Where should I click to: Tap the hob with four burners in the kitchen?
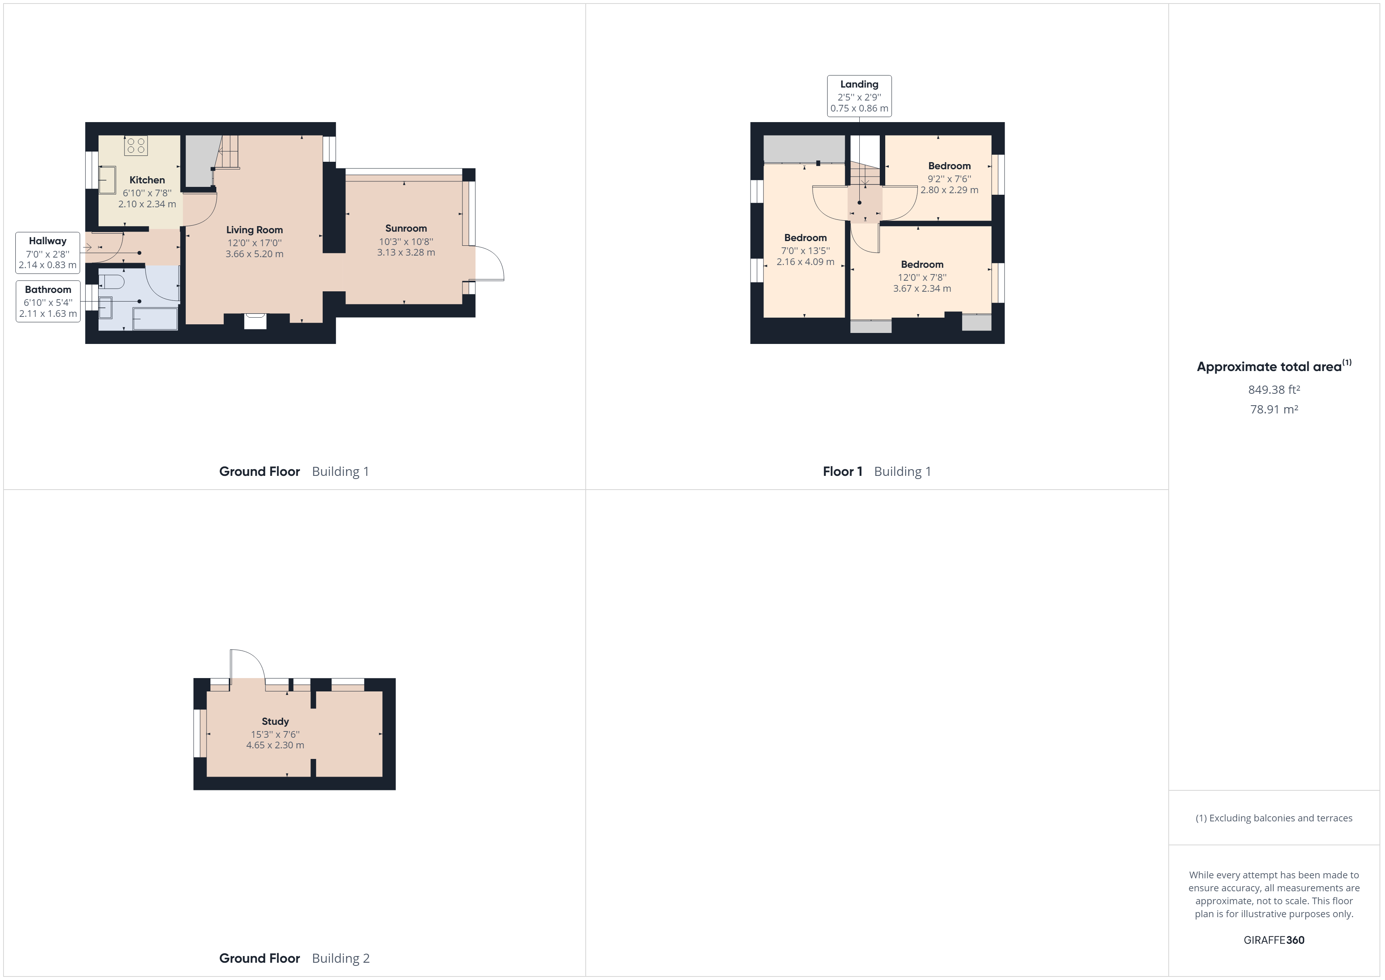[136, 145]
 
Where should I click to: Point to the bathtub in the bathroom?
[155, 319]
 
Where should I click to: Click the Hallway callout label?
[48, 252]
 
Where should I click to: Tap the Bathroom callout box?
[48, 301]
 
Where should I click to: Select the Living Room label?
[254, 230]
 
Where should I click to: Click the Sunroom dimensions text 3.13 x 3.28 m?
[406, 252]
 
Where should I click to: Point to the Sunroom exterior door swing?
[490, 263]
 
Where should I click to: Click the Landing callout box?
[859, 96]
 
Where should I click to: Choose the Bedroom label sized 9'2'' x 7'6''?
[949, 166]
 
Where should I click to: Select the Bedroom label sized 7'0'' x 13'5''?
[805, 238]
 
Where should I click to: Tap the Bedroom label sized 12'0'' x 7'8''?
[922, 264]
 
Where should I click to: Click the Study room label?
[275, 721]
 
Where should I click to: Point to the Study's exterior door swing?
[246, 664]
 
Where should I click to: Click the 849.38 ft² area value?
[1274, 390]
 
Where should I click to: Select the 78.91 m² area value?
[1274, 409]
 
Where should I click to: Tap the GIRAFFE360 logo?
[1274, 940]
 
